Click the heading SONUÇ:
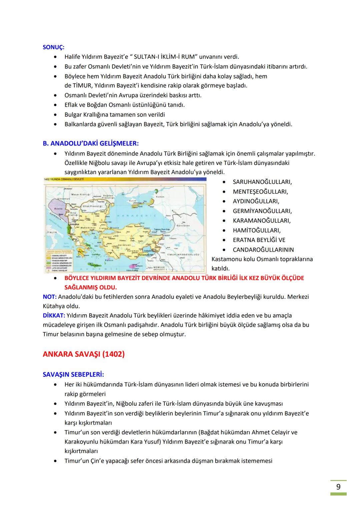tap(54, 47)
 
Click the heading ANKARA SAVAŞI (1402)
tap(84, 354)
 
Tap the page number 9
tap(338, 487)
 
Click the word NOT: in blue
tap(50, 297)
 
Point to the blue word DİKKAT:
tap(54, 315)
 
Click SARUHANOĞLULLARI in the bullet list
tap(262, 182)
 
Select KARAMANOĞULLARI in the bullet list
tap(261, 221)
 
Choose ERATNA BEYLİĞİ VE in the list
tap(259, 240)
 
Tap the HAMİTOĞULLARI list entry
tap(256, 230)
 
